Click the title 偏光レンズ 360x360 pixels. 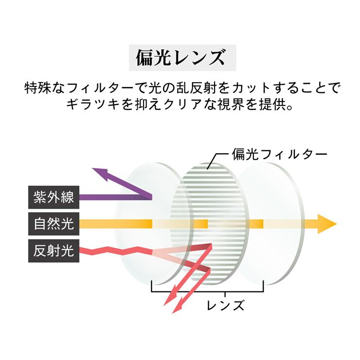pyautogui.click(x=180, y=57)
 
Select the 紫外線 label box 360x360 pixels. pyautogui.click(x=54, y=197)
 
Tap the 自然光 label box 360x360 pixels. pyautogui.click(x=54, y=224)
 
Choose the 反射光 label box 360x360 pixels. pyautogui.click(x=54, y=251)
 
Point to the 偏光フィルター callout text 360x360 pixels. pyautogui.click(x=279, y=154)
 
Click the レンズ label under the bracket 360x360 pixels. pyautogui.click(x=225, y=305)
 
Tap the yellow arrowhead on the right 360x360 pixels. pyautogui.click(x=327, y=224)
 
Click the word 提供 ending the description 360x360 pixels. pyautogui.click(x=272, y=105)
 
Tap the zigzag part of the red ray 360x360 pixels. pyautogui.click(x=116, y=251)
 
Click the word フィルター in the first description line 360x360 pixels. pyautogui.click(x=101, y=88)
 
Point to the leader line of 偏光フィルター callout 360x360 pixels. pyautogui.click(x=218, y=161)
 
